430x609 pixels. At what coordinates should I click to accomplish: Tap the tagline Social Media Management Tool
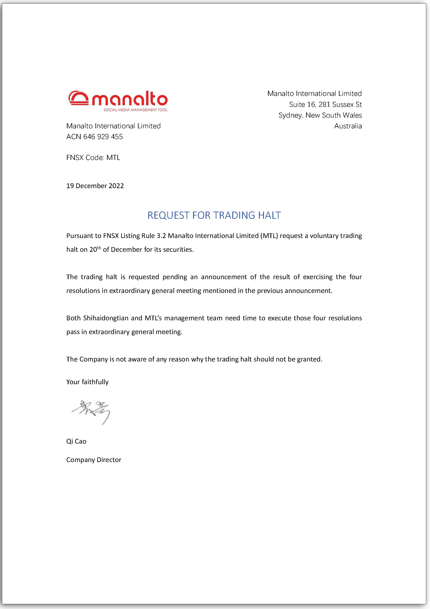(x=135, y=110)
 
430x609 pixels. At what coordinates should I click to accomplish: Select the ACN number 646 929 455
(x=103, y=137)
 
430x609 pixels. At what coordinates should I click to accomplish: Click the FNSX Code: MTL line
(x=93, y=158)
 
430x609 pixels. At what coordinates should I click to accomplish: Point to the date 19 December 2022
(x=95, y=186)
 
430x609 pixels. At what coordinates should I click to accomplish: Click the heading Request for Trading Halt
(x=214, y=215)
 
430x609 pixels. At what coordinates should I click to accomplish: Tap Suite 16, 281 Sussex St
(x=325, y=105)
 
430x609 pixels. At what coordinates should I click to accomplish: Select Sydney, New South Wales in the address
(x=320, y=115)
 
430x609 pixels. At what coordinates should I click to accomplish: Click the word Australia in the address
(x=348, y=126)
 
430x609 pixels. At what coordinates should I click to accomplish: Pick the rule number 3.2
(x=161, y=236)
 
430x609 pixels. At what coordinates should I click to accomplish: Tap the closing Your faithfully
(x=87, y=382)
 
